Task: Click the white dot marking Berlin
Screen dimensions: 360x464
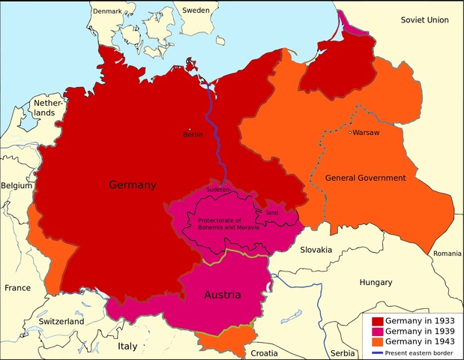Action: point(190,128)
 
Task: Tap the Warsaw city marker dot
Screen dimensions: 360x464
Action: point(349,133)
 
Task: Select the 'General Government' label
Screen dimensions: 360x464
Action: point(365,178)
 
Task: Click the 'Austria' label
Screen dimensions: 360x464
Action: point(223,295)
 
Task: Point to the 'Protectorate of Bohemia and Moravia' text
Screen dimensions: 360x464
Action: point(229,223)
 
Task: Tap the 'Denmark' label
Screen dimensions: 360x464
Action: point(107,11)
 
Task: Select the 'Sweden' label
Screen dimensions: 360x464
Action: point(196,11)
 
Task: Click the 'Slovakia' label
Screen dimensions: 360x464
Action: point(316,250)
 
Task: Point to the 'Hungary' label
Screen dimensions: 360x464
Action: point(376,283)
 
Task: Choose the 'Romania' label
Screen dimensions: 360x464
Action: point(447,254)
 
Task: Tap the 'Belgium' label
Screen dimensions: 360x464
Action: point(16,185)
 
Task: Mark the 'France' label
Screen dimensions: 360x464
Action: point(17,288)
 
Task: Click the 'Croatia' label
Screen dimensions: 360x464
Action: point(263,352)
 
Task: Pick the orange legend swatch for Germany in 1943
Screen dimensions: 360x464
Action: point(378,343)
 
